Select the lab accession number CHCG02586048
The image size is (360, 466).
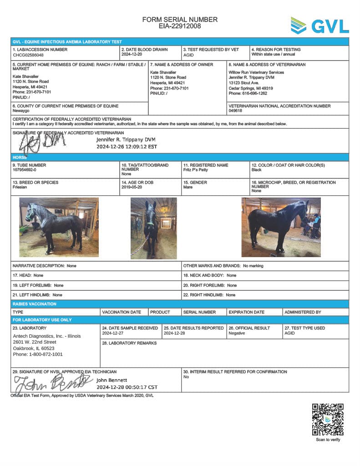tap(28, 55)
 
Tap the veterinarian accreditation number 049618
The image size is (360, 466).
tap(235, 111)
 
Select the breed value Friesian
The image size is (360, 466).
tap(20, 187)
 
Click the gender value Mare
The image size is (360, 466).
tap(188, 187)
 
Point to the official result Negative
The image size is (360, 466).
tap(237, 333)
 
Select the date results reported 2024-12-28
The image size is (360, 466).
tap(174, 333)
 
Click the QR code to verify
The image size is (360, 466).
tap(328, 420)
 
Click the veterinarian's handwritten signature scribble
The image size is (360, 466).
tap(41, 142)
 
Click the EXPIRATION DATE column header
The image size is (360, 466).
tap(246, 312)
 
